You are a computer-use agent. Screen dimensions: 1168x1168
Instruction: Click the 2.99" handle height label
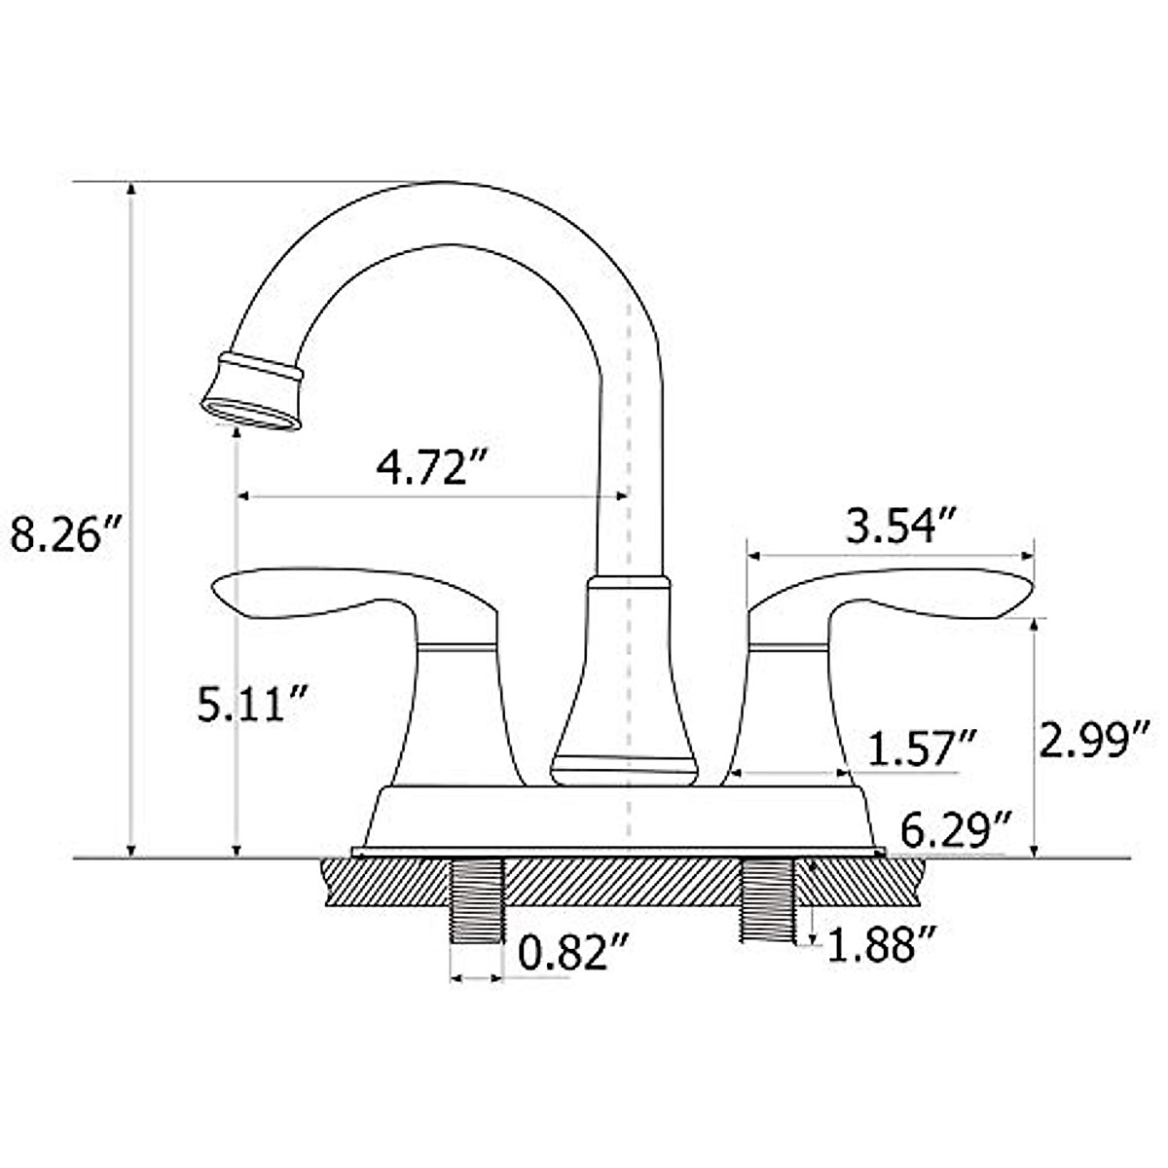(1095, 739)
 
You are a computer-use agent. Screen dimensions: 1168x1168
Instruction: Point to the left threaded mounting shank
(477, 900)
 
